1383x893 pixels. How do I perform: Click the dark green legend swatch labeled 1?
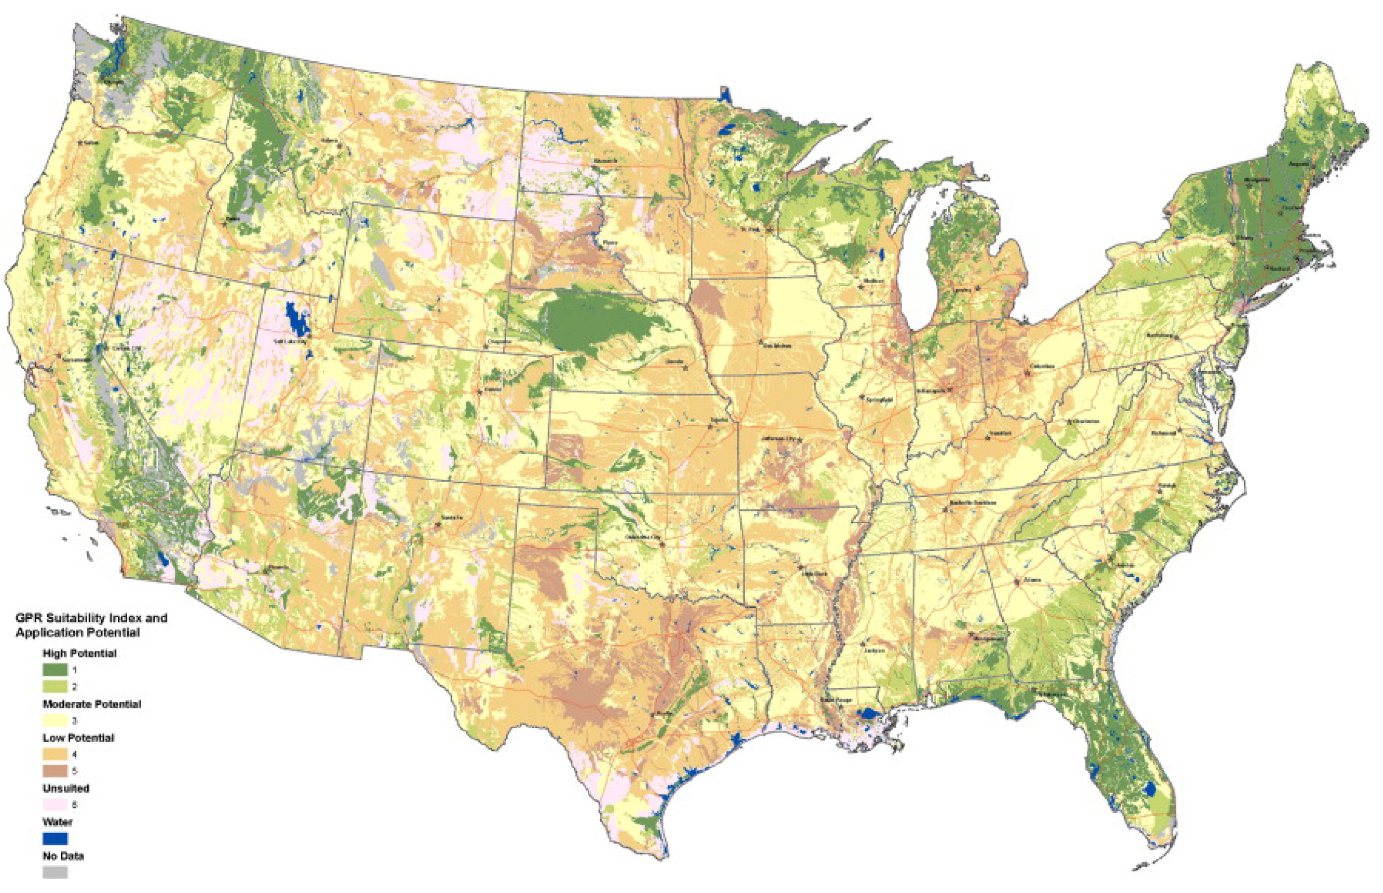pyautogui.click(x=55, y=670)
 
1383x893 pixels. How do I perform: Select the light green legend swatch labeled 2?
pyautogui.click(x=55, y=687)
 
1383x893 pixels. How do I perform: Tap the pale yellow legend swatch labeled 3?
pyautogui.click(x=55, y=721)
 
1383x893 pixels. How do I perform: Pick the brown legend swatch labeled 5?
pyautogui.click(x=55, y=771)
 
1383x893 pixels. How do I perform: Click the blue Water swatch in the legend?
pyautogui.click(x=55, y=839)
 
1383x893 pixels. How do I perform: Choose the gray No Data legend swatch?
pyautogui.click(x=55, y=872)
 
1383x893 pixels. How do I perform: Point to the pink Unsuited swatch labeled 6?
pyautogui.click(x=55, y=805)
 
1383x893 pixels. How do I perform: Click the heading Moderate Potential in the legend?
pyautogui.click(x=92, y=704)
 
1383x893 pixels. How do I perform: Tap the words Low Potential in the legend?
pyautogui.click(x=78, y=738)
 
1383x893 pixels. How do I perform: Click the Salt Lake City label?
pyautogui.click(x=288, y=342)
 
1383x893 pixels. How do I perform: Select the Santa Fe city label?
pyautogui.click(x=451, y=517)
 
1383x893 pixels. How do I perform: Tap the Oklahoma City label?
pyautogui.click(x=643, y=538)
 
